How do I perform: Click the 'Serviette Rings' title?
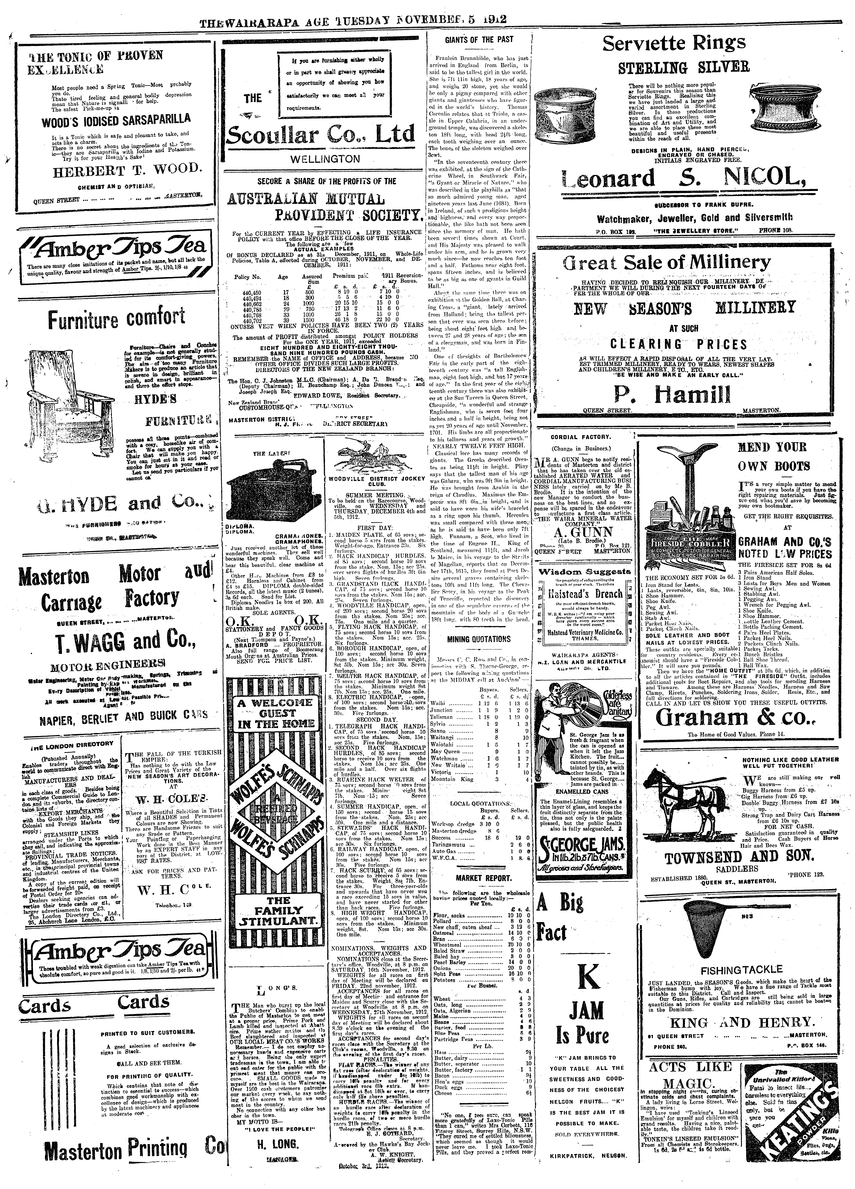(x=674, y=44)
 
